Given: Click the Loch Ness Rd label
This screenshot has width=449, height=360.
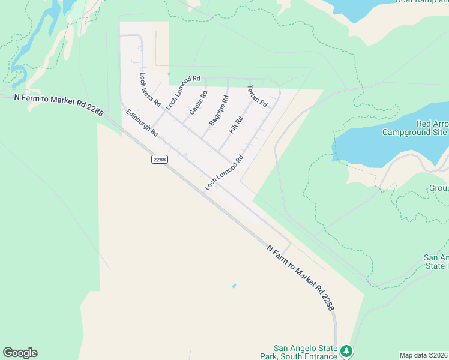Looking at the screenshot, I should click(x=150, y=90).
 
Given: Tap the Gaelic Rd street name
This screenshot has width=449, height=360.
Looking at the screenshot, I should click(x=198, y=103).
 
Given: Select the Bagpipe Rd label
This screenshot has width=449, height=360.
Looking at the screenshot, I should click(x=218, y=110).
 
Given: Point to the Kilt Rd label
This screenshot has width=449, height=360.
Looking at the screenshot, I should click(x=236, y=125).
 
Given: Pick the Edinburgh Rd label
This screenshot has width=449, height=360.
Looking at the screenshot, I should click(x=142, y=122).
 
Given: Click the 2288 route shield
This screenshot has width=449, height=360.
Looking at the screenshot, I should click(x=159, y=159).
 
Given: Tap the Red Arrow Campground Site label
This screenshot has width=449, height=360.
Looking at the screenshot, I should click(x=415, y=127).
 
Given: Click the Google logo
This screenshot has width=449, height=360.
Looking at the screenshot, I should click(x=20, y=353).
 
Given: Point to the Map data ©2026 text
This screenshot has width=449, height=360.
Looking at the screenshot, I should click(x=423, y=355).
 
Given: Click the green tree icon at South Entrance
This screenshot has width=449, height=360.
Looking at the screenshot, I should click(x=346, y=350).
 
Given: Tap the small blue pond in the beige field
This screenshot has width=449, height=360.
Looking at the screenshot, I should click(x=234, y=286).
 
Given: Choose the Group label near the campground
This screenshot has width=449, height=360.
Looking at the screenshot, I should click(x=438, y=188).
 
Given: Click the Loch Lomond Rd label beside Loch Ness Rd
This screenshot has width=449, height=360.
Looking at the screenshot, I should click(x=183, y=92).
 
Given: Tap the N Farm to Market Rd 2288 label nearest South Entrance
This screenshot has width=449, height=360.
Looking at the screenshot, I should click(x=300, y=277).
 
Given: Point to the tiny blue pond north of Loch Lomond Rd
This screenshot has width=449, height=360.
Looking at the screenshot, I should click(x=169, y=74).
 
